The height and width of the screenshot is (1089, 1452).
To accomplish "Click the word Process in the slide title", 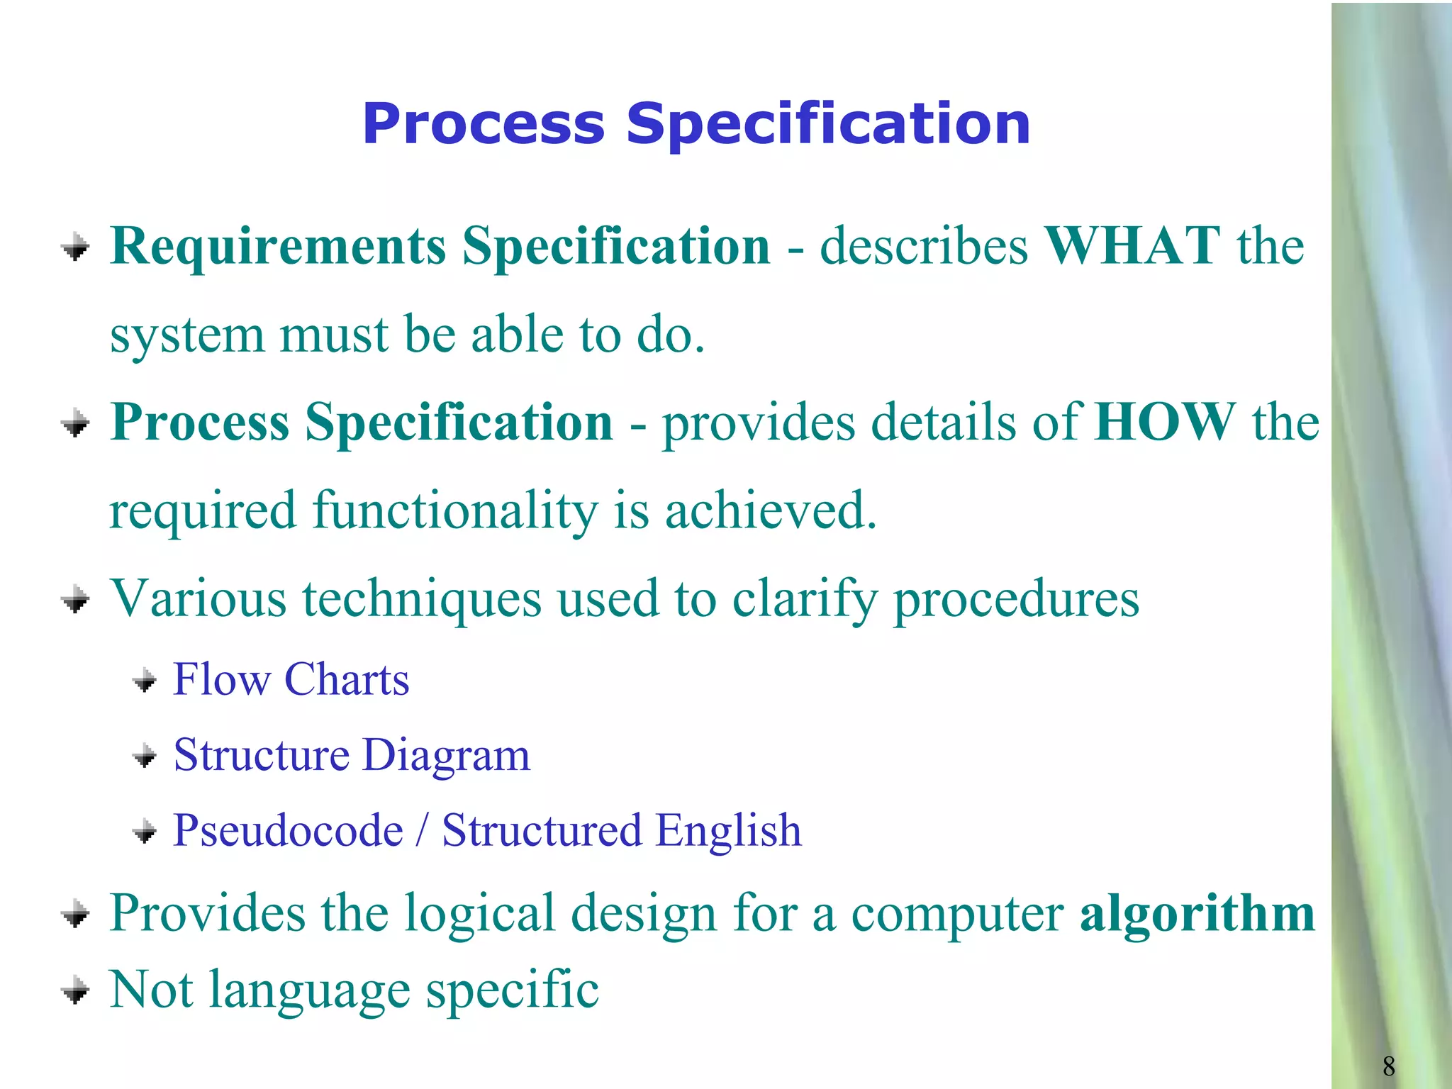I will pyautogui.click(x=484, y=124).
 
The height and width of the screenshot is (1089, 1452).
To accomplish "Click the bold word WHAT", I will pyautogui.click(x=1132, y=246).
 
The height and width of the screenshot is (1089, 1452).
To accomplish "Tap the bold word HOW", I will pyautogui.click(x=1164, y=423).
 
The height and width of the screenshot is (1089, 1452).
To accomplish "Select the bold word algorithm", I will pyautogui.click(x=1197, y=913).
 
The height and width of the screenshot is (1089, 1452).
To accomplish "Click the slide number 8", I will pyautogui.click(x=1388, y=1066).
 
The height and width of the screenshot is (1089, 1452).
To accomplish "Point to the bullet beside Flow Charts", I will pyautogui.click(x=145, y=681).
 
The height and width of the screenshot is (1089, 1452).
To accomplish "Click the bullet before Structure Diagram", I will pyautogui.click(x=145, y=756).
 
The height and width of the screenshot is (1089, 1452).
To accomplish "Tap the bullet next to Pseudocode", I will pyautogui.click(x=145, y=832).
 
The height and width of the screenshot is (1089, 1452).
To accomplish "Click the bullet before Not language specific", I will pyautogui.click(x=75, y=990).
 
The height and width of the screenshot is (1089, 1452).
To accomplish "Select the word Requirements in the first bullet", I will pyautogui.click(x=278, y=246).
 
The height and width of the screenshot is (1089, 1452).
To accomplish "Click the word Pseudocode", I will pyautogui.click(x=288, y=831).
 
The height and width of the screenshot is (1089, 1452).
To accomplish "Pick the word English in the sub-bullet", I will pyautogui.click(x=728, y=831).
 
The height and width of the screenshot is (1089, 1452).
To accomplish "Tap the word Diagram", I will pyautogui.click(x=446, y=755).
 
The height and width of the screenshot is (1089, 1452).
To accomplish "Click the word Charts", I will pyautogui.click(x=346, y=680).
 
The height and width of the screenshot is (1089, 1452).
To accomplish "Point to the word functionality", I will pyautogui.click(x=455, y=510).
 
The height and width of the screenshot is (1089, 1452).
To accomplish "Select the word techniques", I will pyautogui.click(x=422, y=599).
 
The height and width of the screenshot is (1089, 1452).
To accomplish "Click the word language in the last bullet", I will pyautogui.click(x=309, y=990).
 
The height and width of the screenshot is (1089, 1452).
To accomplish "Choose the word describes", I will pyautogui.click(x=923, y=246).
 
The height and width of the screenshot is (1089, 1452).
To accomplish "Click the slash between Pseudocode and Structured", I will pyautogui.click(x=423, y=831).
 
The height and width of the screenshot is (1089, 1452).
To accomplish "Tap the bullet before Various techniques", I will pyautogui.click(x=75, y=601).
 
